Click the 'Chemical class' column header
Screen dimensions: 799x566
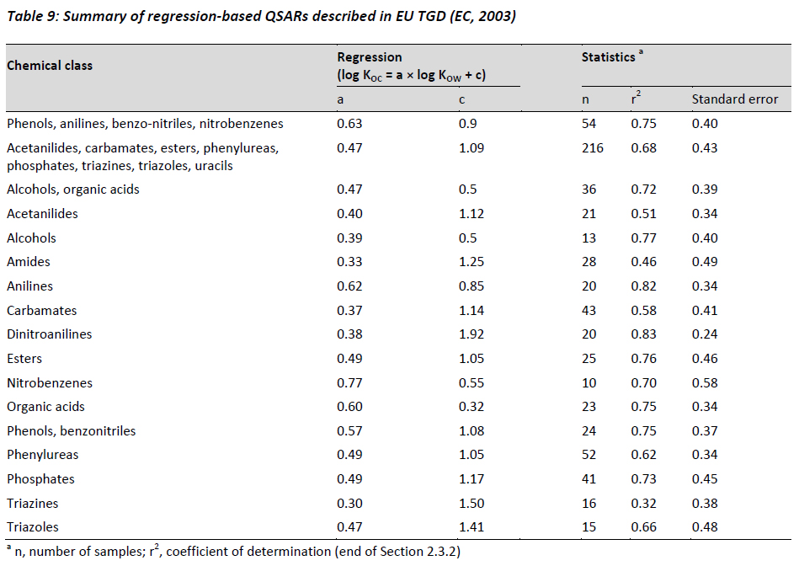[x=50, y=65]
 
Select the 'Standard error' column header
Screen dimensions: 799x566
[x=735, y=99]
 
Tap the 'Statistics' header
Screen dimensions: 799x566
[x=609, y=57]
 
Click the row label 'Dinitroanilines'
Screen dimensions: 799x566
[x=50, y=334]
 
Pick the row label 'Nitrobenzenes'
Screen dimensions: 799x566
[x=50, y=383]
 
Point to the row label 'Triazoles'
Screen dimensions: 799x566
[x=33, y=526]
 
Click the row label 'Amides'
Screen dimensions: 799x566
[x=29, y=262]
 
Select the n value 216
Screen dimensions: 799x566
[x=593, y=148]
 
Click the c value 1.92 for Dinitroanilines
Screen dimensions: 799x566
[x=471, y=334]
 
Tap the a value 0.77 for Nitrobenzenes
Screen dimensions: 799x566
[x=349, y=383]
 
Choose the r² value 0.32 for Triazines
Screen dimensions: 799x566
[x=643, y=504]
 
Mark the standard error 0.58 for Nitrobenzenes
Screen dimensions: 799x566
[x=705, y=383]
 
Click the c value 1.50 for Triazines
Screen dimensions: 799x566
[x=471, y=504]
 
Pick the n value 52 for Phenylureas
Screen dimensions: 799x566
[x=589, y=454]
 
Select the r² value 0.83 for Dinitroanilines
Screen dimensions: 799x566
[x=643, y=334]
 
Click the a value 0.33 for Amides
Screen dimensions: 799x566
[x=349, y=262]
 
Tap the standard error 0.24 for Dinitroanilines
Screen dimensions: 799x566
[x=705, y=334]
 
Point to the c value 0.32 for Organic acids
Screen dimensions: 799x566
[x=471, y=407]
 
